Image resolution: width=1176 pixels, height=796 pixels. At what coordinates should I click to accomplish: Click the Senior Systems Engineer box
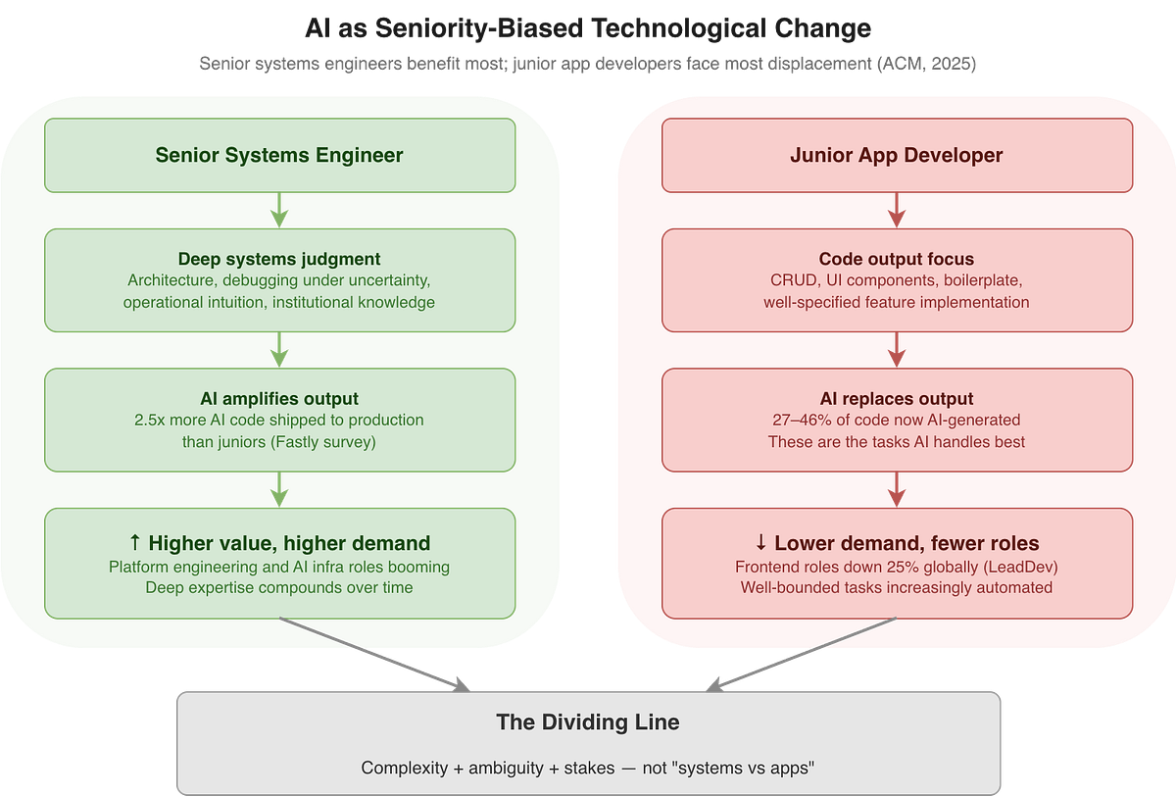click(279, 155)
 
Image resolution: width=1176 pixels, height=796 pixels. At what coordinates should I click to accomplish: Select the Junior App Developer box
click(897, 155)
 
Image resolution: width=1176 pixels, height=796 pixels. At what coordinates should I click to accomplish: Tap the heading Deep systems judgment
click(279, 259)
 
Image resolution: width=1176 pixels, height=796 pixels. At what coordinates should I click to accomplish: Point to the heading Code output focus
click(897, 259)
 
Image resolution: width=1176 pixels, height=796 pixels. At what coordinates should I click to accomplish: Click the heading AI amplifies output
click(279, 398)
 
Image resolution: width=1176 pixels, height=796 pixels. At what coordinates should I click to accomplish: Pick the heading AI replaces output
click(897, 398)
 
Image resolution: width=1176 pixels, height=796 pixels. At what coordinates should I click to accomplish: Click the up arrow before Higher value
click(135, 543)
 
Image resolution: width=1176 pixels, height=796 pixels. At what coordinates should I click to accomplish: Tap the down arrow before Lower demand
click(761, 543)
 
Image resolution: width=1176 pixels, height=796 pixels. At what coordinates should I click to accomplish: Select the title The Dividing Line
click(588, 723)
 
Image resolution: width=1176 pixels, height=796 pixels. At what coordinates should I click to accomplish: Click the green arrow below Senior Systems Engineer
click(279, 210)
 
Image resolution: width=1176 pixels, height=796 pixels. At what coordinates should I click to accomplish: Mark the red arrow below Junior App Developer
click(897, 210)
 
